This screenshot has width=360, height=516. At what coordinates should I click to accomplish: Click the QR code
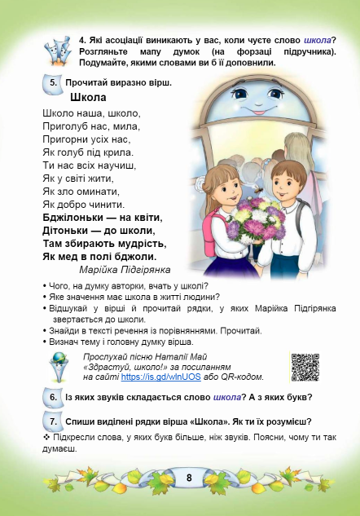(305, 368)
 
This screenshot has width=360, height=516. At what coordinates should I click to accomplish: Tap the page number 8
(188, 477)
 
